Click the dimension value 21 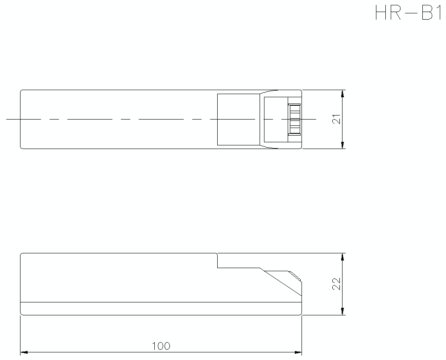(x=337, y=119)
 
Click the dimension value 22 (x=337, y=284)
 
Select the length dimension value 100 (x=161, y=346)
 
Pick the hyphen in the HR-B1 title (x=409, y=13)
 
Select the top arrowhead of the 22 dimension (x=343, y=257)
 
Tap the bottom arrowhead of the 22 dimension (x=343, y=311)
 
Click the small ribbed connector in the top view (x=294, y=119)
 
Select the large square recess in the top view (x=238, y=119)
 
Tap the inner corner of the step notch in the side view (x=217, y=268)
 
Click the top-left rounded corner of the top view (x=22, y=91)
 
